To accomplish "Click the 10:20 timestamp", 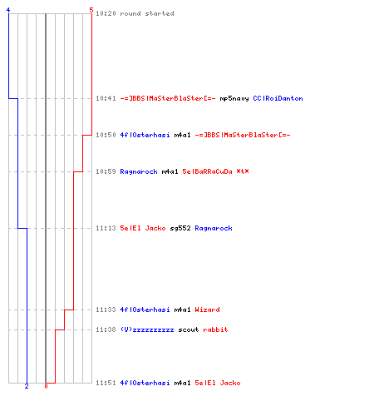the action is coord(106,13).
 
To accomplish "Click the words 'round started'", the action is coord(147,13).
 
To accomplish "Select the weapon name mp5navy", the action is coord(234,98).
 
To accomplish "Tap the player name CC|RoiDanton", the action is coord(278,98).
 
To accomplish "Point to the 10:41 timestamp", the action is coord(106,98).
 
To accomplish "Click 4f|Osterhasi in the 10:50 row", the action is coord(145,135).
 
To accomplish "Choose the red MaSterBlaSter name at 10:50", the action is coord(243,135).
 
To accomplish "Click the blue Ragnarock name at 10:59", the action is coord(139,171).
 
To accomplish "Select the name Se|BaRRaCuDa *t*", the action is coord(215,171).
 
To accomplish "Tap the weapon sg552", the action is coord(180,228).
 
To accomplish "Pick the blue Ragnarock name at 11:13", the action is coord(214,228).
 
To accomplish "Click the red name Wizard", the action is coord(207,310).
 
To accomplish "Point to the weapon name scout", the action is coord(189,329).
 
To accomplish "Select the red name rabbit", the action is coord(215,329).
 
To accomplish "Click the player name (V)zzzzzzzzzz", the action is coord(147,329).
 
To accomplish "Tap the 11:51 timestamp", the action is coord(106,383).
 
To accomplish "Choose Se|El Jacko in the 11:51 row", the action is coord(218,383).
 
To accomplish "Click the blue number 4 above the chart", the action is coord(8,10).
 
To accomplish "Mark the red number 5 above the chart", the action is coord(91,10).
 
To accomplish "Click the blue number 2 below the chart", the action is coord(27,386).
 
